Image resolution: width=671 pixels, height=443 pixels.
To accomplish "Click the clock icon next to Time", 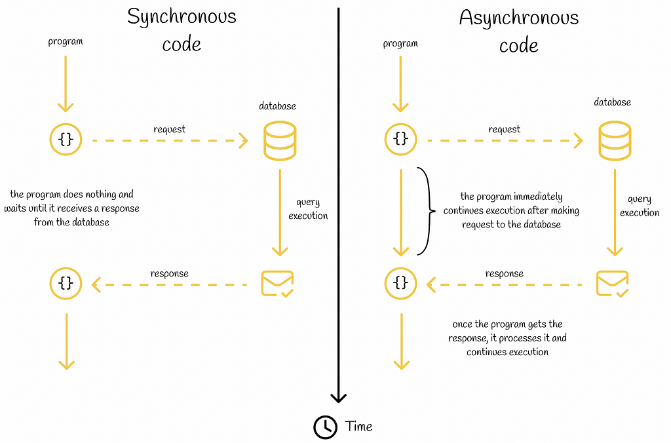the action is [325, 427].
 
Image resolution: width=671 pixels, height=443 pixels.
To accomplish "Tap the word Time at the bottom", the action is [358, 427].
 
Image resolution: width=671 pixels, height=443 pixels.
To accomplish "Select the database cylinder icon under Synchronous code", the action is [280, 141].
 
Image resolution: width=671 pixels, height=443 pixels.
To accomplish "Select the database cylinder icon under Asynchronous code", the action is [615, 141].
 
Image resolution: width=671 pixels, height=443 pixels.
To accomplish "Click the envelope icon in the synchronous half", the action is [277, 283].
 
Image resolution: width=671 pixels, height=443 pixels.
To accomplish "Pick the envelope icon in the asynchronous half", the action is [613, 283].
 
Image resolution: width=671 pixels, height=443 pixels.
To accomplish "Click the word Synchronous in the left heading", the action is [182, 18].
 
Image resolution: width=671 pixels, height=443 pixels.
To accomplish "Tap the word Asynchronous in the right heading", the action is [519, 18].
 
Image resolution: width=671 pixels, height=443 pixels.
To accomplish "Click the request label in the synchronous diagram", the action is [170, 129].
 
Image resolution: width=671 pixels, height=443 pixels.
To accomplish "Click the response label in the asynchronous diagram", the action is [504, 274].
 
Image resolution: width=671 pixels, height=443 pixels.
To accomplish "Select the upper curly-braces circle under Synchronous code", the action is [66, 139].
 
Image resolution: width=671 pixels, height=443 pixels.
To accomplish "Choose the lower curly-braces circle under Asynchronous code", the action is [400, 283].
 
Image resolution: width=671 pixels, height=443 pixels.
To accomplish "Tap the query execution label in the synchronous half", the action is [308, 209].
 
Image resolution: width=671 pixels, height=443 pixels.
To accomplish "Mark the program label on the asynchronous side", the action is [400, 44].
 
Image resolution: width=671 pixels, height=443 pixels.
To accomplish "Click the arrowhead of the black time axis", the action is [339, 398].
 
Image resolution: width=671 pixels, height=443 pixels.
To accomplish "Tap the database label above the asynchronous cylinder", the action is [613, 102].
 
